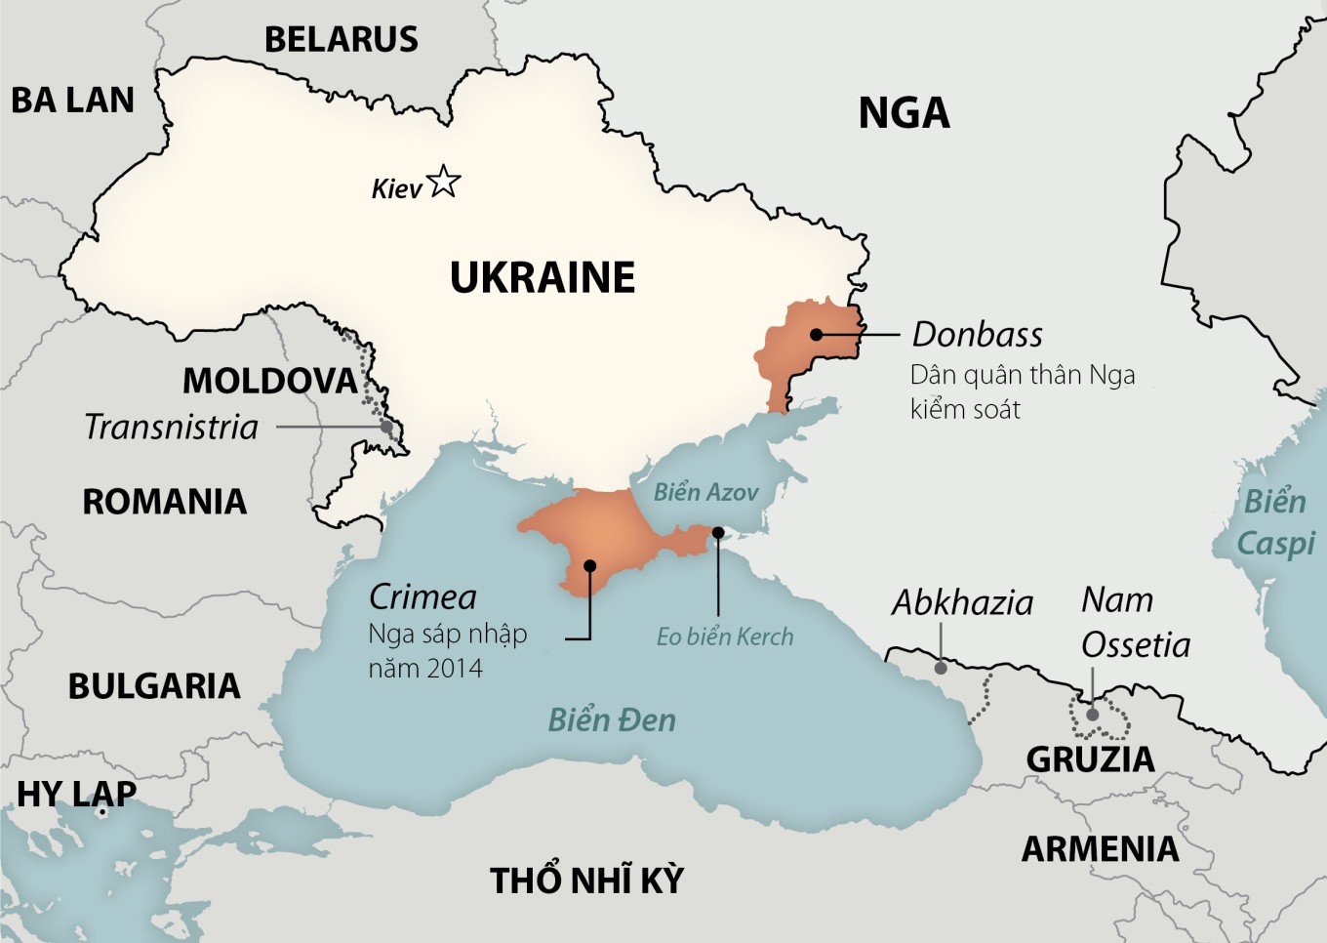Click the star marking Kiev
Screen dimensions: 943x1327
click(x=444, y=182)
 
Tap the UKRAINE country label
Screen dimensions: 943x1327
click(x=543, y=278)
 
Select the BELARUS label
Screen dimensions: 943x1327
click(x=342, y=40)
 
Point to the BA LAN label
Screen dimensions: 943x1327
click(x=72, y=101)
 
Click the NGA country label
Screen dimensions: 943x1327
click(x=904, y=113)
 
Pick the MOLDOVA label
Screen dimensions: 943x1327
click(x=270, y=381)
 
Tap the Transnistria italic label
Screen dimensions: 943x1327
click(x=172, y=428)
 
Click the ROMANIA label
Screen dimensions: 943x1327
click(x=164, y=502)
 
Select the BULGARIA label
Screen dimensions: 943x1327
click(x=154, y=686)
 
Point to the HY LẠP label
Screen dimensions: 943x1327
click(x=77, y=795)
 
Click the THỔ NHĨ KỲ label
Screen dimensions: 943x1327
click(x=586, y=881)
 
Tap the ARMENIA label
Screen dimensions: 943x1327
click(x=1100, y=849)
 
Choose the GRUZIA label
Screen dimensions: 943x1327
click(x=1090, y=759)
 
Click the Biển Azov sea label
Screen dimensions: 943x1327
click(x=705, y=493)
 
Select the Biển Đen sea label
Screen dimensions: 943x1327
click(x=612, y=720)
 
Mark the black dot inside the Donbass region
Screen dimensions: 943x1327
click(x=817, y=334)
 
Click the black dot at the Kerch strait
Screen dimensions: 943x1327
click(x=718, y=533)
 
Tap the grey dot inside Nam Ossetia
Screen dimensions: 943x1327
click(x=1093, y=715)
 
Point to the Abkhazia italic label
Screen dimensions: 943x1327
click(x=962, y=603)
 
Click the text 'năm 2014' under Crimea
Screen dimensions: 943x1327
click(x=425, y=669)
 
